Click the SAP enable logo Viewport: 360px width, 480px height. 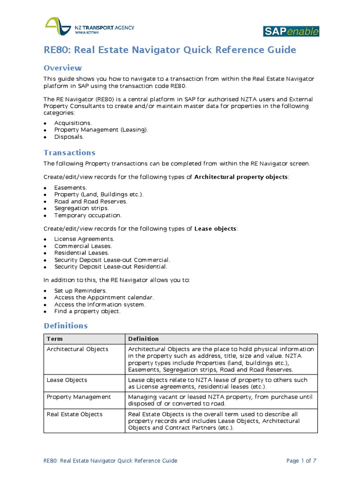click(291, 31)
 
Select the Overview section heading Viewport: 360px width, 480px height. click(63, 68)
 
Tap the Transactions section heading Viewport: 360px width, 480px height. click(69, 152)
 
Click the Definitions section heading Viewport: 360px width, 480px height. click(66, 325)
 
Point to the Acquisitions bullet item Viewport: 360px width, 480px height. click(73, 123)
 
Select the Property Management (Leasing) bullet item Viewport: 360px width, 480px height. click(101, 130)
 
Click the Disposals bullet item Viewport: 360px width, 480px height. click(69, 137)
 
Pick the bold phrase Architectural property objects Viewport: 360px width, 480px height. click(241, 177)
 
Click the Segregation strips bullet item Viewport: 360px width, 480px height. click(81, 208)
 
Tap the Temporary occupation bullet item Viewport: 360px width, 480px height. click(88, 215)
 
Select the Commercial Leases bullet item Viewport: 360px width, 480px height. click(83, 246)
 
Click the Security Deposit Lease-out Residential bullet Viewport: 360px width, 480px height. click(110, 267)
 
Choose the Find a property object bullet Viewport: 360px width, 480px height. click(87, 311)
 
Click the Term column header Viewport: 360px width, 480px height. click(54, 338)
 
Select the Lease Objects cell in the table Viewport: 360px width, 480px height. click(67, 380)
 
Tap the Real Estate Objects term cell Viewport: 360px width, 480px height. click(75, 414)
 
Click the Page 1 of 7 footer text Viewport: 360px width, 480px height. click(301, 461)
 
